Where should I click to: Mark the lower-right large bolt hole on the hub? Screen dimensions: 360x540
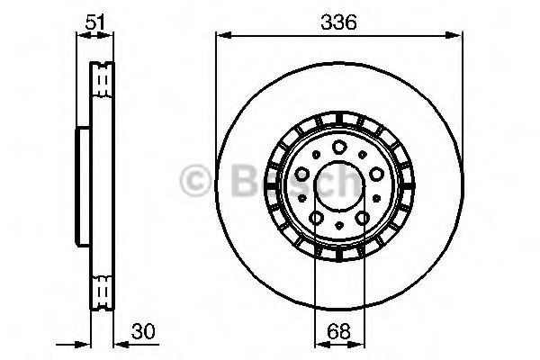click(362, 217)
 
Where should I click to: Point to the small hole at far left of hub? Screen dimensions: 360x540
click(300, 197)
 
